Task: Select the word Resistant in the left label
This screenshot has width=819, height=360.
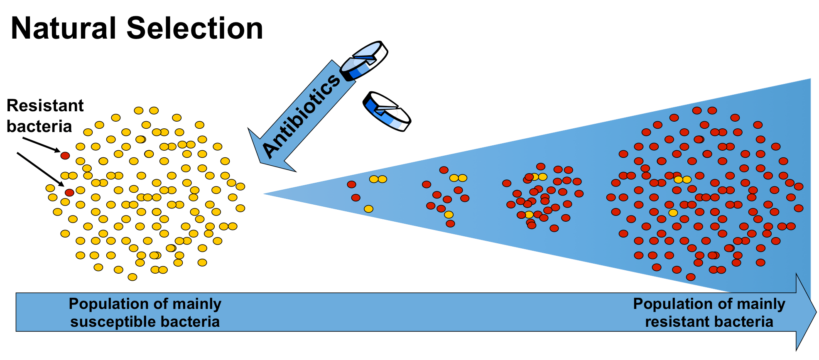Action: [x=45, y=106]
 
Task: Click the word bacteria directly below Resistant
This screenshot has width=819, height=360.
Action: [x=39, y=126]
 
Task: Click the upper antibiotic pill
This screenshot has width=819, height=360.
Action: [x=364, y=61]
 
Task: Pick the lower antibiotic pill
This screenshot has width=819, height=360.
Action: [x=387, y=111]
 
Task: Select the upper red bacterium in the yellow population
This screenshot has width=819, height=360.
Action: [x=65, y=156]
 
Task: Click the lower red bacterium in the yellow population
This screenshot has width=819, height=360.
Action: [x=69, y=192]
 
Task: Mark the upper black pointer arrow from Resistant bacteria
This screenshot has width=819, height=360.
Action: [x=41, y=144]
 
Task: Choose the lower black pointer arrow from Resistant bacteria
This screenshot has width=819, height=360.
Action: [x=40, y=169]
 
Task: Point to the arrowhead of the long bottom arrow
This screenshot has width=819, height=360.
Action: [x=806, y=312]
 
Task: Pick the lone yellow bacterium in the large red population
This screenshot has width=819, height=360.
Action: [x=673, y=213]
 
